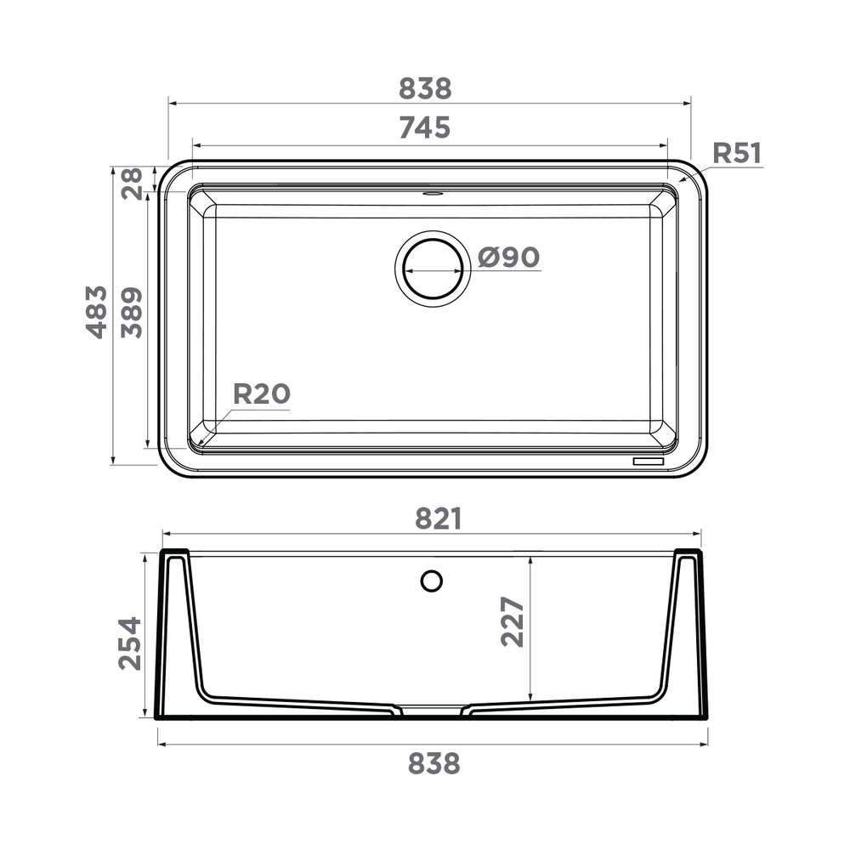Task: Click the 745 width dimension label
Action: pos(424,128)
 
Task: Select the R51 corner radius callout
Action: pos(737,153)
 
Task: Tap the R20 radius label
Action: pos(261,394)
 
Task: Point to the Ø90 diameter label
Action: pos(508,257)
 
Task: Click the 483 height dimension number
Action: pos(97,312)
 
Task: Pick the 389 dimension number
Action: pos(131,313)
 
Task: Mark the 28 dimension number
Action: pos(131,184)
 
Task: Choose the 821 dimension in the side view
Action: pos(438,518)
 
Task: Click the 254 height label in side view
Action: pos(129,643)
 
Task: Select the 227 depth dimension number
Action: pos(513,622)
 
